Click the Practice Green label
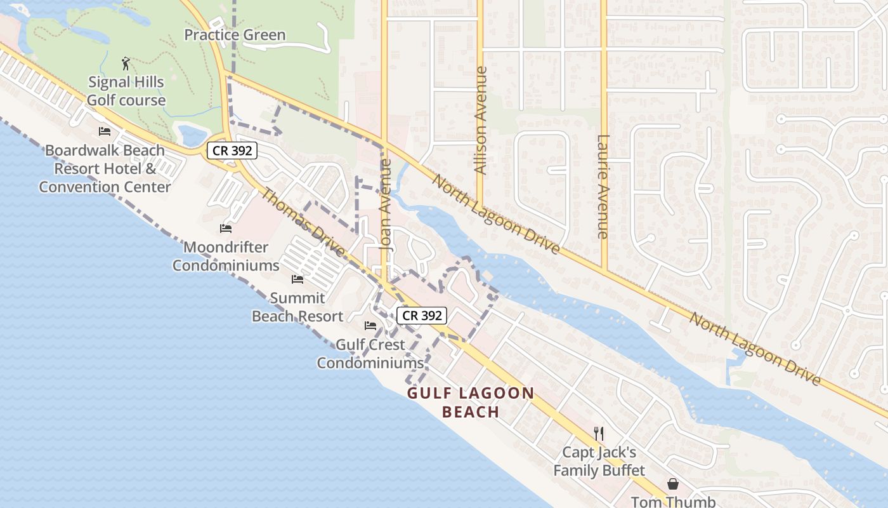235,35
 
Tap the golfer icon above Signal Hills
126,63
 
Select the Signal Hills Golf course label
126,91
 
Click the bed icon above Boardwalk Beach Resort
105,131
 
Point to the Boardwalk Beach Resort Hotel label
105,168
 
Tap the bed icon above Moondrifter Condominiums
226,228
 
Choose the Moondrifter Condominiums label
226,256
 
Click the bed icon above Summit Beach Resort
297,279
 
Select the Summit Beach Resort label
297,307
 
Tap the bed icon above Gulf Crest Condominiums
370,326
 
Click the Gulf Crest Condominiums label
370,354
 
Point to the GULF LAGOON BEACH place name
471,402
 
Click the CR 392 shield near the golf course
233,150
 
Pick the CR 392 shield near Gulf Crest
422,315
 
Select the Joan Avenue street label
385,203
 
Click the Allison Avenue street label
481,121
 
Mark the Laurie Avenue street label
603,187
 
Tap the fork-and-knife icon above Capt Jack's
599,433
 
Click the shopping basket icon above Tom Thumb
672,484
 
